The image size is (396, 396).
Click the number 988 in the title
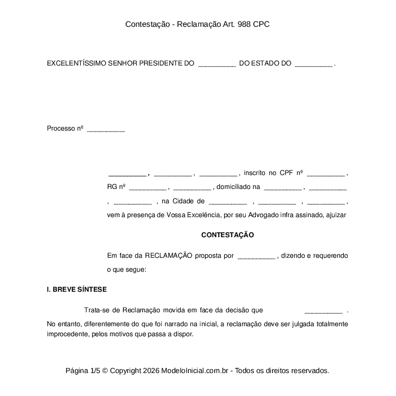click(244, 24)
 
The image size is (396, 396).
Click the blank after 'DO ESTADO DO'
click(314, 64)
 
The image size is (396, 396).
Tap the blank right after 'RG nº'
click(147, 187)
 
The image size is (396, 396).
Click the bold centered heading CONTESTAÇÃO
click(228, 235)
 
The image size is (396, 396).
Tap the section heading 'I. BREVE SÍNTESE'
click(77, 289)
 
